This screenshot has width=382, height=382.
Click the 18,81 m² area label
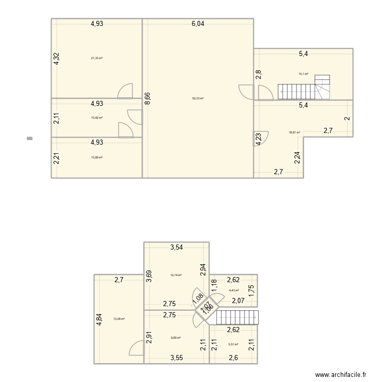pyautogui.click(x=294, y=132)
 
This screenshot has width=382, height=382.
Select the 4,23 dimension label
pyautogui.click(x=259, y=139)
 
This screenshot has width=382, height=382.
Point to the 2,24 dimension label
pyautogui.click(x=297, y=159)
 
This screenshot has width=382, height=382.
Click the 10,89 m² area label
pyautogui.click(x=97, y=157)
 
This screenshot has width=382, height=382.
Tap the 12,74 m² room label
pyautogui.click(x=176, y=275)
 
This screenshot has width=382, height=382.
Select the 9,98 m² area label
pyautogui.click(x=175, y=337)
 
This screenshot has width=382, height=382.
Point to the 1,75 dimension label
pyautogui.click(x=251, y=288)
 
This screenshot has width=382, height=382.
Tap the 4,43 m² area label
pyautogui.click(x=234, y=291)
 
